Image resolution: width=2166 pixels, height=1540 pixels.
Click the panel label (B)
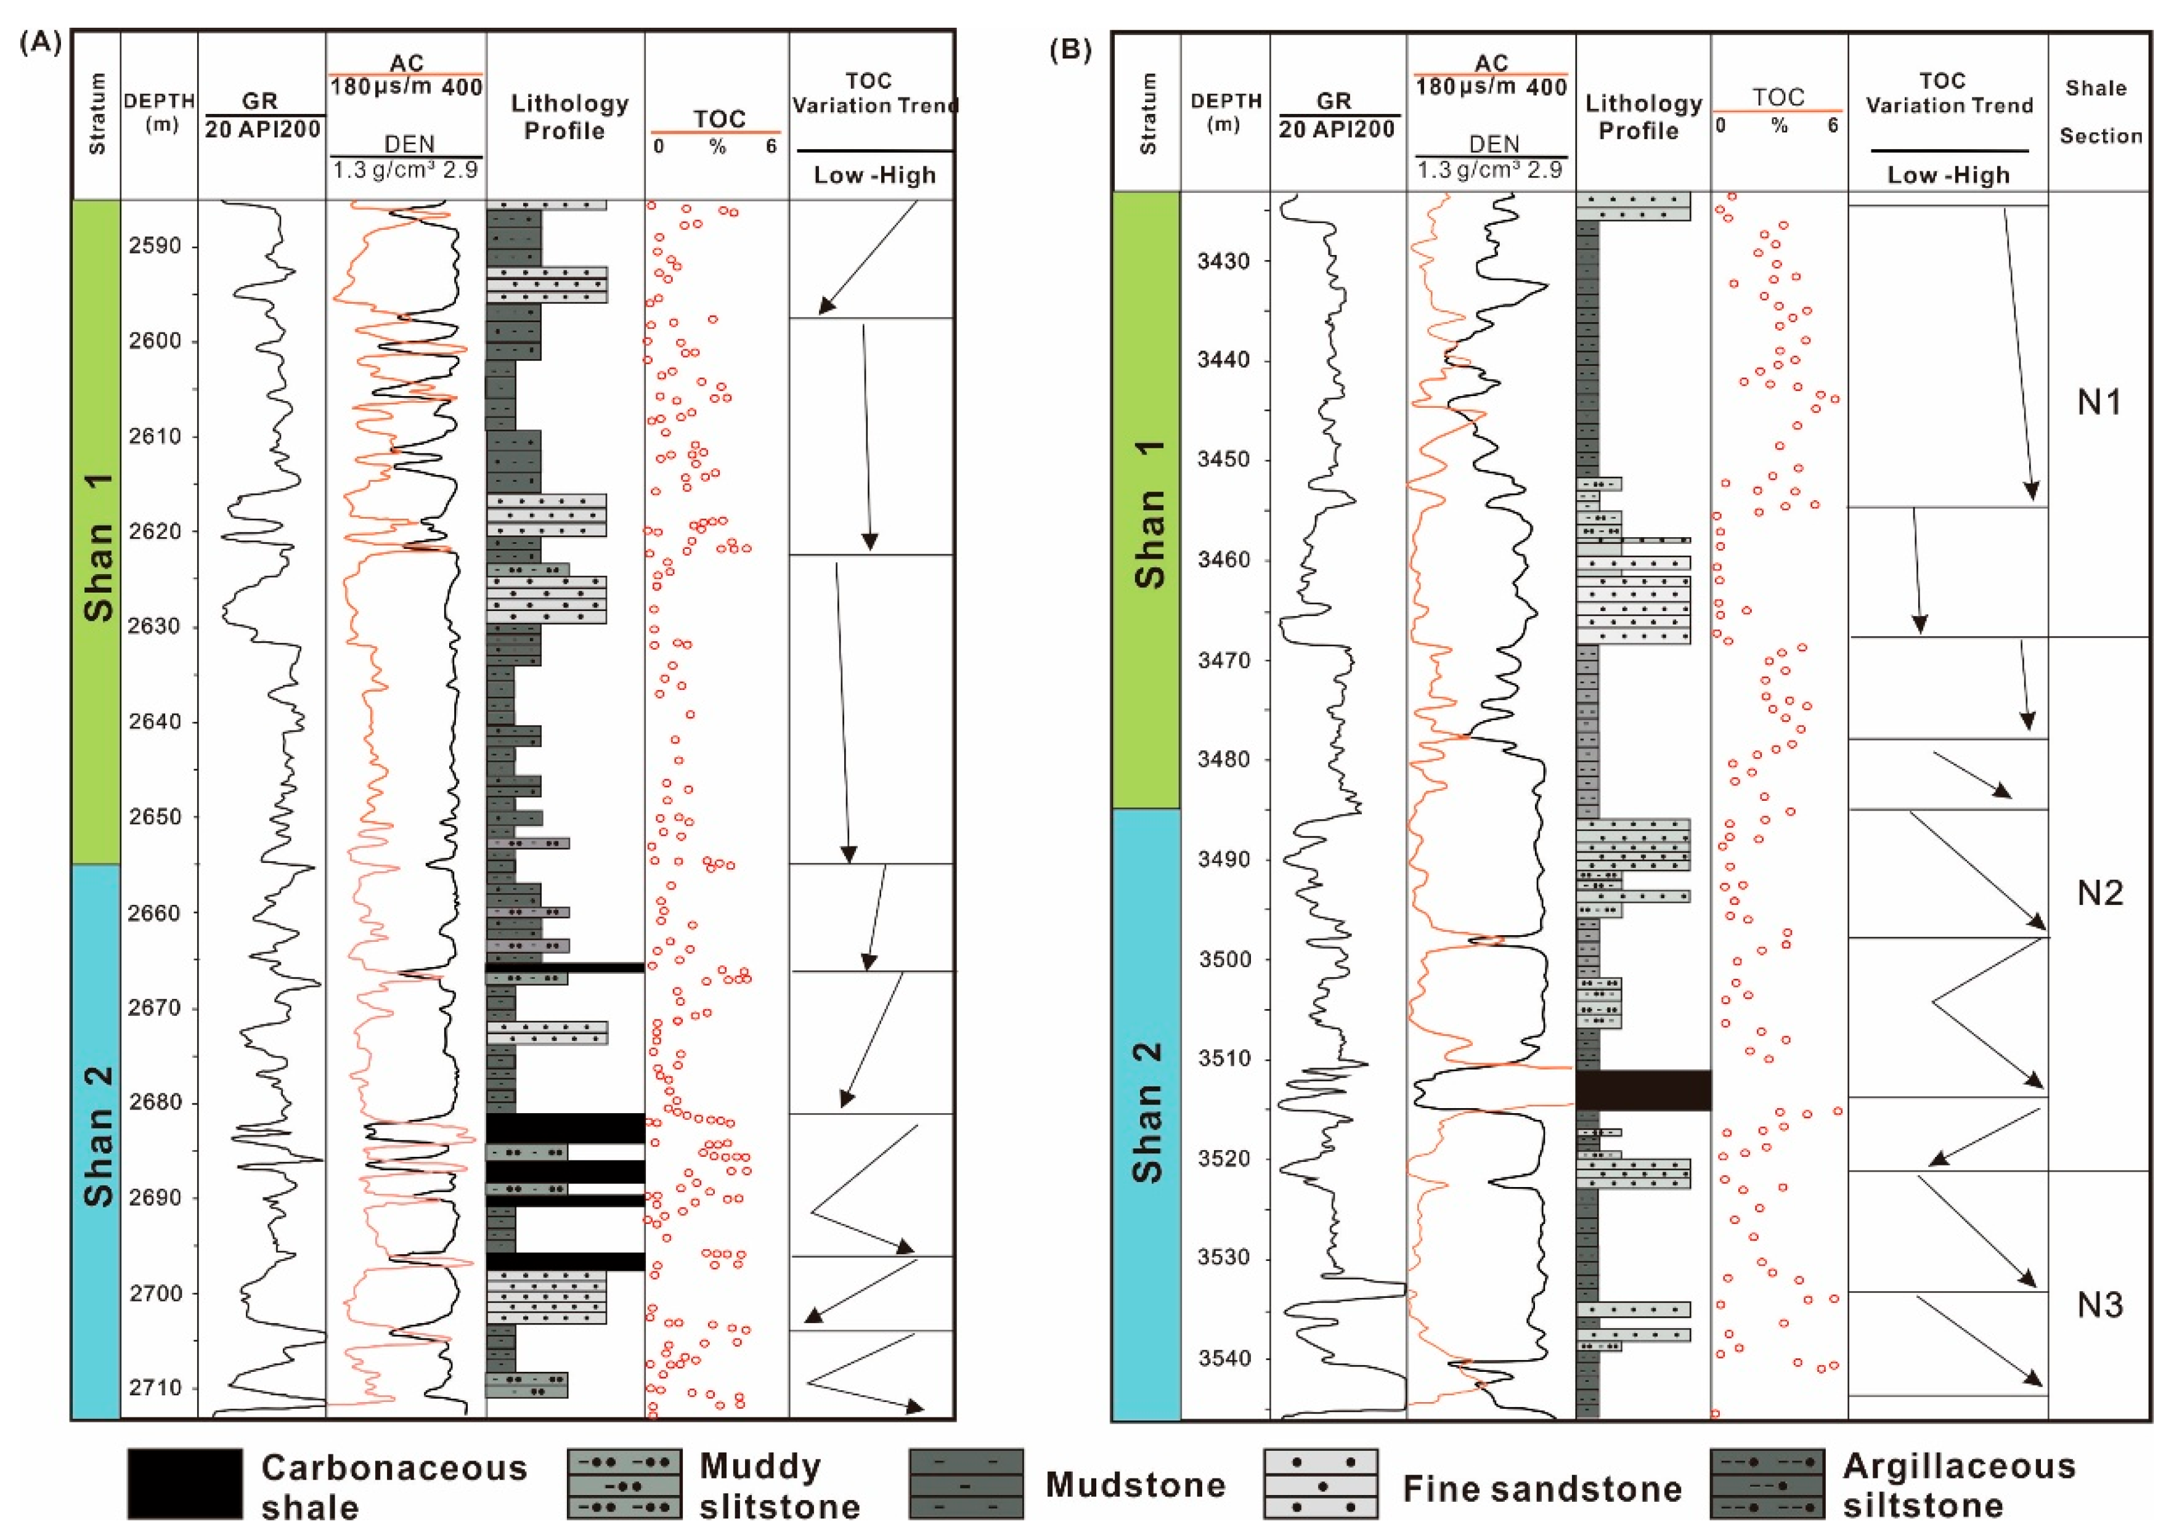coord(1070,49)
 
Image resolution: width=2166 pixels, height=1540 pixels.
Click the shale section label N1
coord(2099,403)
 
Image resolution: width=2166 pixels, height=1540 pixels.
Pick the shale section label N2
coord(2099,893)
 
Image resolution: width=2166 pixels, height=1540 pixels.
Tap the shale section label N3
coord(2099,1306)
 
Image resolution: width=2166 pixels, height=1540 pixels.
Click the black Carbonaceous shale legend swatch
coord(185,1483)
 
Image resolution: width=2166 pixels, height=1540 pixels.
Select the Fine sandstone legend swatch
coord(1320,1484)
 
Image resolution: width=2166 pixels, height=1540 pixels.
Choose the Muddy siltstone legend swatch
coord(624,1484)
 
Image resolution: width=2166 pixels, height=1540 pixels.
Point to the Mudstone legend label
coord(1134,1485)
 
